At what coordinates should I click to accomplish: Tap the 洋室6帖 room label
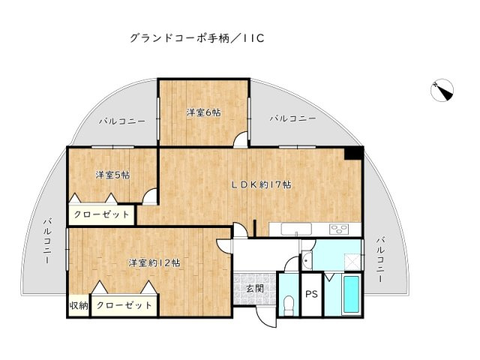[203, 112]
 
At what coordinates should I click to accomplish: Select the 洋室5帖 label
[112, 175]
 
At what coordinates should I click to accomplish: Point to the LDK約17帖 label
[261, 184]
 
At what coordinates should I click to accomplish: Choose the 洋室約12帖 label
[153, 262]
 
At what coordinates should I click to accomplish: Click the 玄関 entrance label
[253, 288]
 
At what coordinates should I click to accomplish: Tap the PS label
[311, 294]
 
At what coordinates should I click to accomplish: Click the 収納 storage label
[79, 306]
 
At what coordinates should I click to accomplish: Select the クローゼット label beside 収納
[124, 306]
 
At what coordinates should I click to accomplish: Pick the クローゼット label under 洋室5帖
[102, 215]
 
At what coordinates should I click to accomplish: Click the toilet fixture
[289, 304]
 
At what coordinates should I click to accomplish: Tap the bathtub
[351, 297]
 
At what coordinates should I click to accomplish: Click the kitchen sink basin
[303, 229]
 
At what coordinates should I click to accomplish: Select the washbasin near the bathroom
[307, 261]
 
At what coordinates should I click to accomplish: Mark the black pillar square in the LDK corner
[353, 153]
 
